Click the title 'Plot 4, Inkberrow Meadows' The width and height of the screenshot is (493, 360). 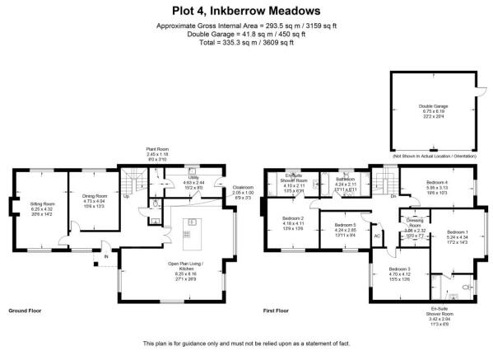point(246,11)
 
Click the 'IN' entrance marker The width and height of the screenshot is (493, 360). point(105,256)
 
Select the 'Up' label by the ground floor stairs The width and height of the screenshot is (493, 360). point(126,219)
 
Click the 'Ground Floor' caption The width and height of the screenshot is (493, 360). point(26,311)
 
